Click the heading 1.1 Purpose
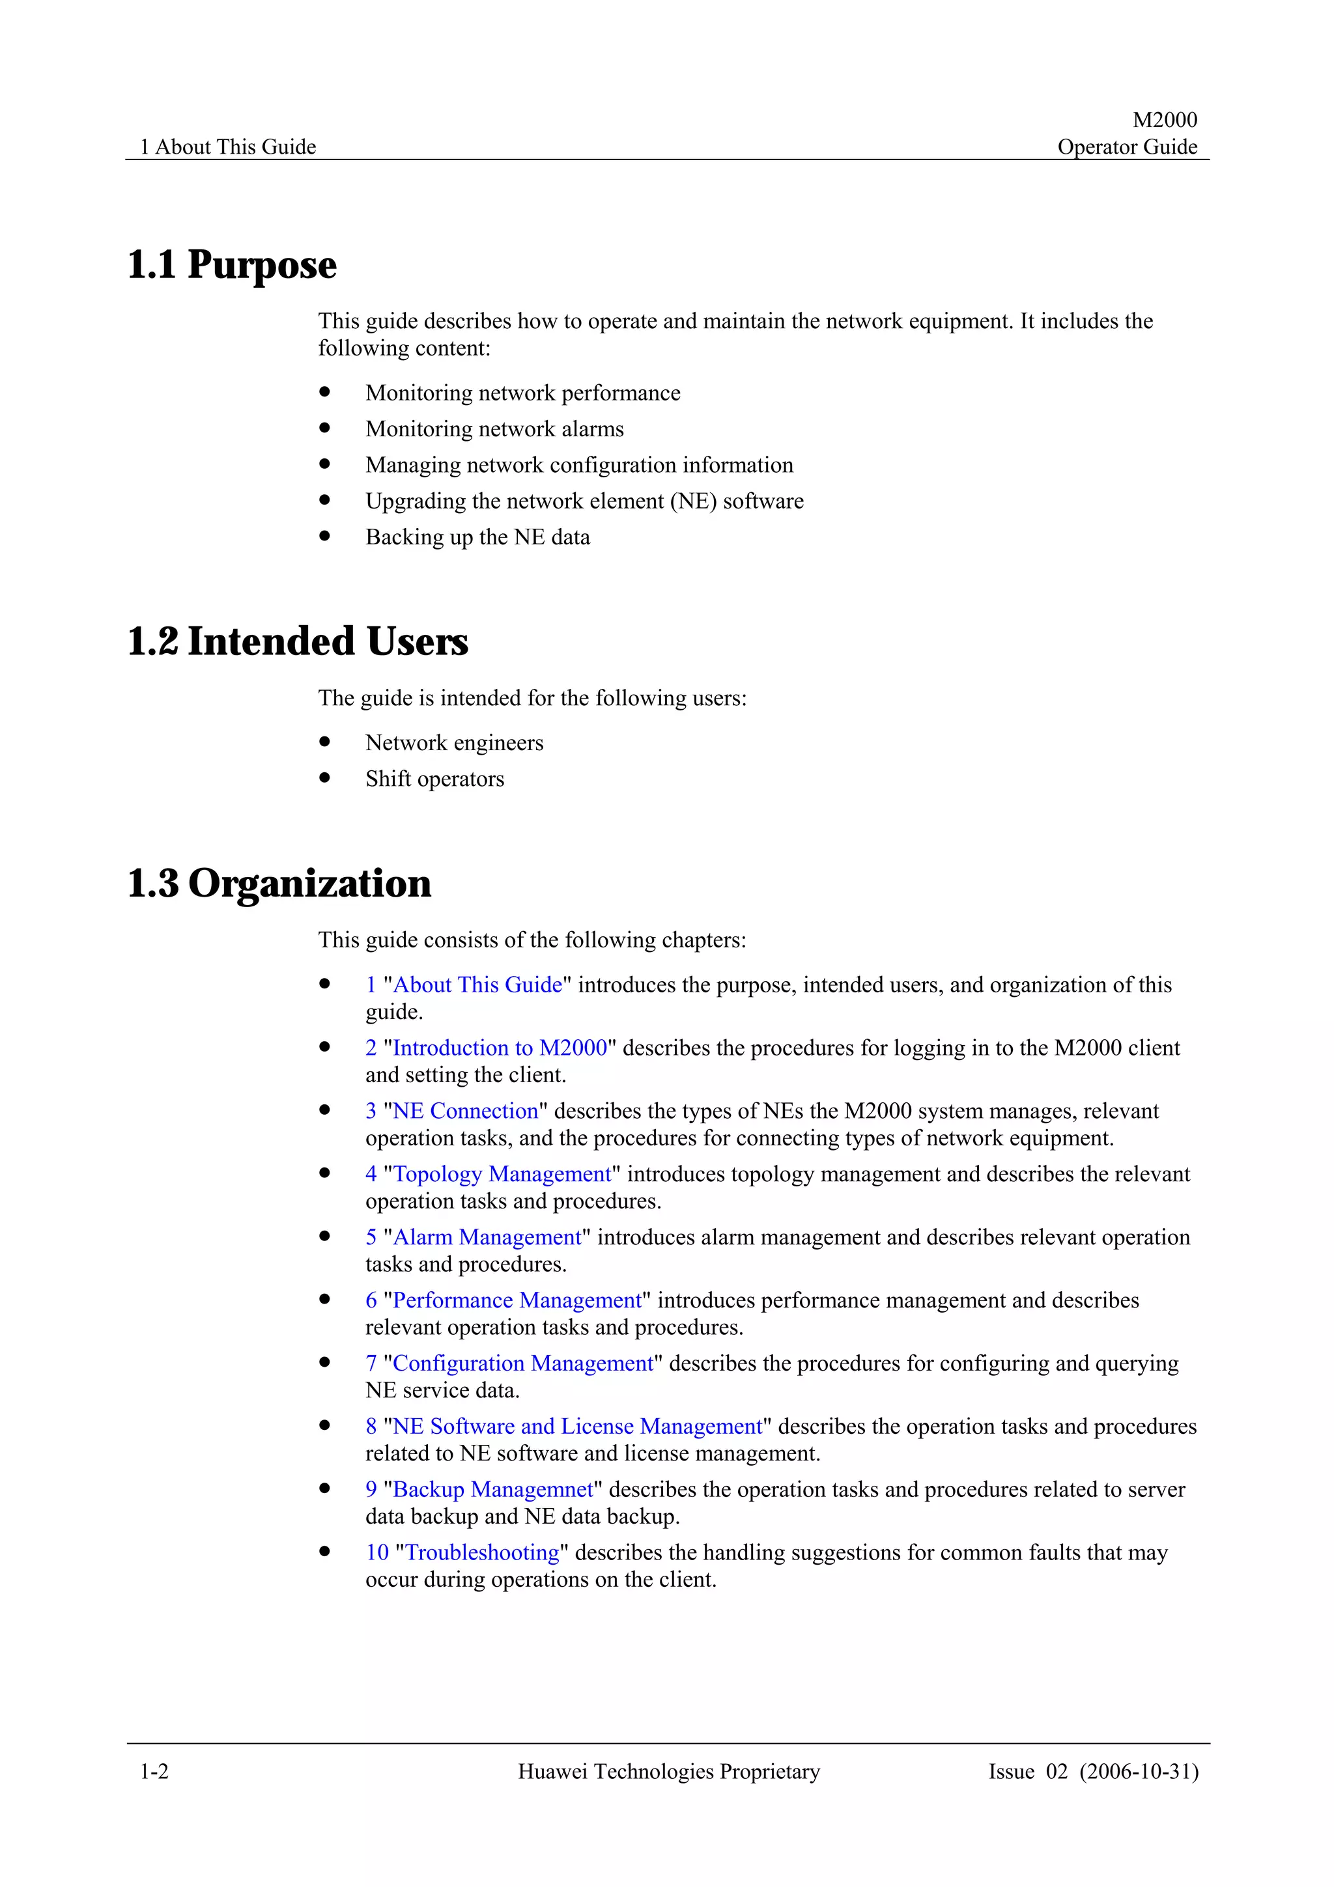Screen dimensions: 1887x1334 pos(232,264)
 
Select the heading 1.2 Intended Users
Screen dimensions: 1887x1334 pos(298,642)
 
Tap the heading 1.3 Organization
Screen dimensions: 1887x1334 pos(279,884)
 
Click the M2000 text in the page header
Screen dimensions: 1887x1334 pos(1164,120)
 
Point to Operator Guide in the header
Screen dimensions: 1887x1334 pos(1126,147)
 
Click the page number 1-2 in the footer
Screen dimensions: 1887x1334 pos(154,1771)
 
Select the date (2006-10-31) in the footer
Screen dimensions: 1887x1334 pos(1139,1771)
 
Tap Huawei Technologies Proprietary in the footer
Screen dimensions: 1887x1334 pos(668,1771)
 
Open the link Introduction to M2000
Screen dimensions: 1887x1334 pos(499,1048)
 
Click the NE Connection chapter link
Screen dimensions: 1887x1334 pos(464,1111)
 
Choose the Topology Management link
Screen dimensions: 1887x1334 pos(502,1175)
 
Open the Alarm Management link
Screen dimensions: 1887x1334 pos(487,1238)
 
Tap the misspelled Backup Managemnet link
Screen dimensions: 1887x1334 pos(492,1490)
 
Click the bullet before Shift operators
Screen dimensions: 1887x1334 pos(324,777)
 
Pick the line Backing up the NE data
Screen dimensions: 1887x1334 pos(477,537)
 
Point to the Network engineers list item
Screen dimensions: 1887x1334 pos(454,743)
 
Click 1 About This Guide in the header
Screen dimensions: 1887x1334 pos(228,147)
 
